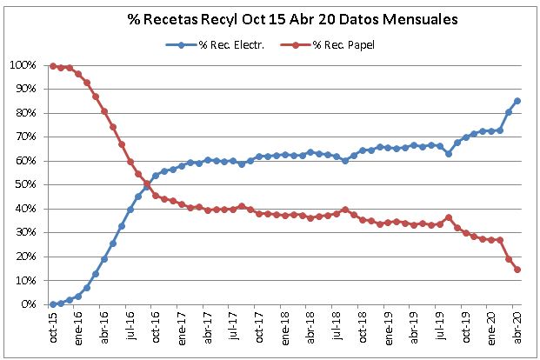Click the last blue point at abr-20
(x=517, y=101)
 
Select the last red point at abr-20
(x=517, y=270)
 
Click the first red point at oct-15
(x=53, y=65)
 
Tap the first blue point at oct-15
(x=53, y=304)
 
